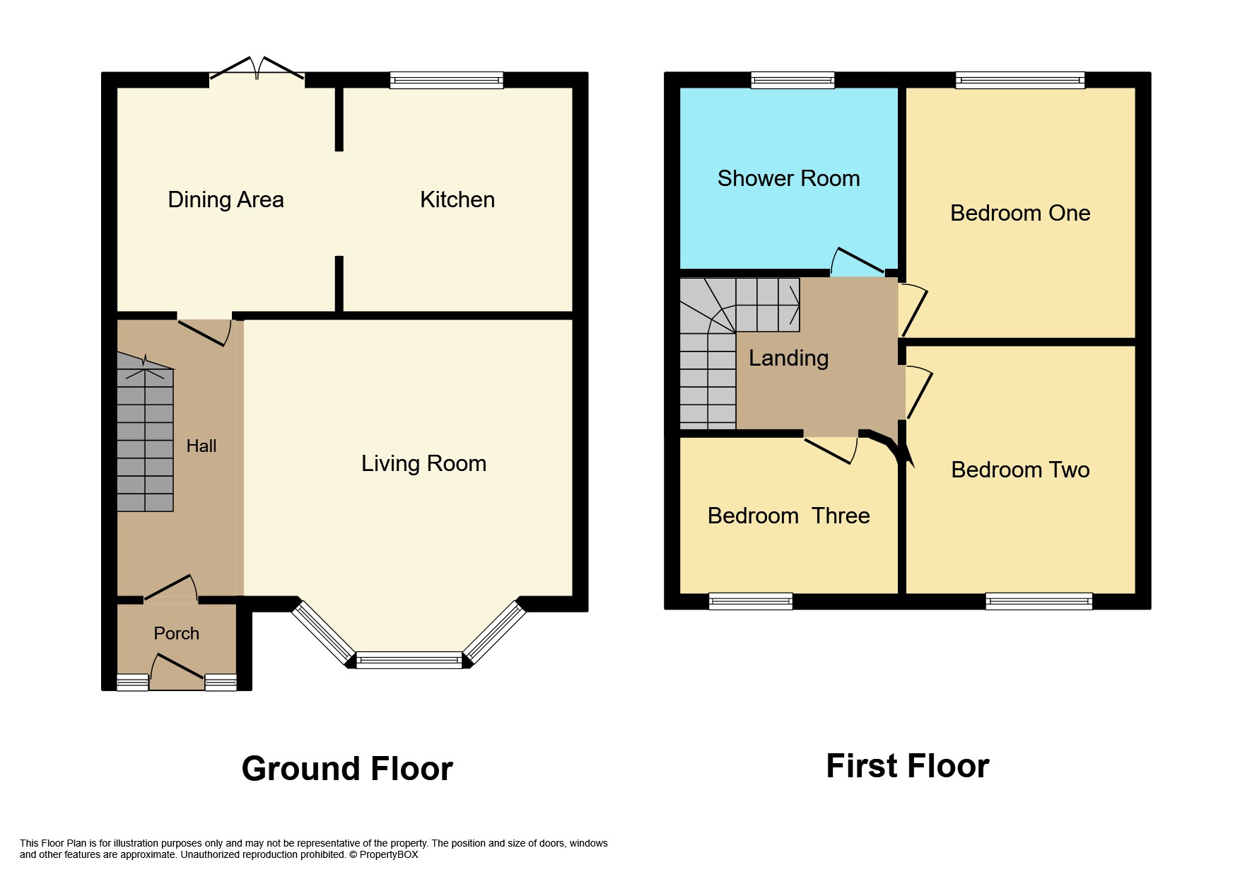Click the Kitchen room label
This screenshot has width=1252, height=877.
pyautogui.click(x=457, y=199)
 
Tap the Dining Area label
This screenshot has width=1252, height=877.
pyautogui.click(x=226, y=199)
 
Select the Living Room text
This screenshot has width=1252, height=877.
pyautogui.click(x=423, y=463)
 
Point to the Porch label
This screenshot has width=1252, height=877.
pyautogui.click(x=176, y=633)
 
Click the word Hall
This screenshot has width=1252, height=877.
pyautogui.click(x=201, y=446)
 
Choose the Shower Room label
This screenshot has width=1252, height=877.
pyautogui.click(x=788, y=178)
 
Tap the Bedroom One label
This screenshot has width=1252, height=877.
pyautogui.click(x=1019, y=213)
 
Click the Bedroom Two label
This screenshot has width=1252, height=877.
pyautogui.click(x=1019, y=470)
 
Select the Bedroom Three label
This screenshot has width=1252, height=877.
pyautogui.click(x=788, y=516)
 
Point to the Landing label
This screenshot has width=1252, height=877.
pyautogui.click(x=788, y=358)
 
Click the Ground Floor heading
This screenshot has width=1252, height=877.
pyautogui.click(x=346, y=769)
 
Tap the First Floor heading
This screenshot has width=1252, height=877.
pyautogui.click(x=907, y=766)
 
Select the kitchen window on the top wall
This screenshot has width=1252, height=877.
pyautogui.click(x=446, y=80)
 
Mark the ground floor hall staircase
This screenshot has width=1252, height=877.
pyautogui.click(x=145, y=438)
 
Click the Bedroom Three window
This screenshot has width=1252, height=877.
pyautogui.click(x=750, y=601)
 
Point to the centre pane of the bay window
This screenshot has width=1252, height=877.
pyautogui.click(x=409, y=661)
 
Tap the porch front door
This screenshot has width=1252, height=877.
pyautogui.click(x=177, y=671)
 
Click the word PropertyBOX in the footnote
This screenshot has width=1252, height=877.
pyautogui.click(x=389, y=854)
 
